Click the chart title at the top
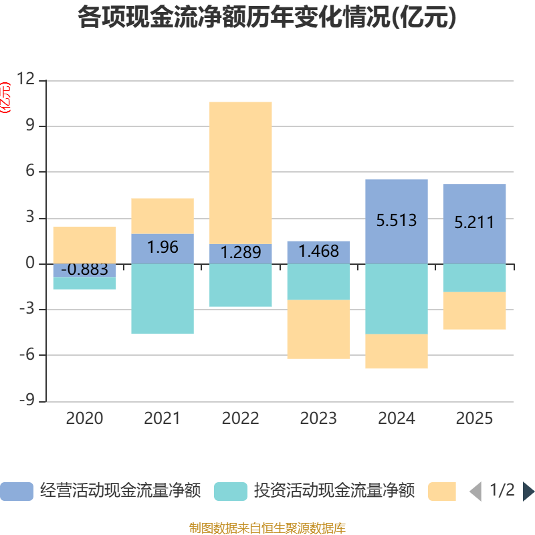(x=267, y=18)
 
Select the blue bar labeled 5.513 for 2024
(x=397, y=201)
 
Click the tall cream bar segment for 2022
(x=241, y=172)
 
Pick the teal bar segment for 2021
(x=163, y=298)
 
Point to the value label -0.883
(x=84, y=270)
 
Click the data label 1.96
(x=163, y=247)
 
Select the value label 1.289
(x=241, y=253)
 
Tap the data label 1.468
(x=318, y=252)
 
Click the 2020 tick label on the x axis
(x=84, y=419)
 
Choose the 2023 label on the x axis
(x=318, y=419)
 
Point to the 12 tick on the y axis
(x=26, y=80)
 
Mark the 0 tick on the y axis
(x=30, y=263)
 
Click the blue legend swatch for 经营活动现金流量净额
(x=17, y=492)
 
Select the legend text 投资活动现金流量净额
(x=334, y=492)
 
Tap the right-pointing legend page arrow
(x=528, y=492)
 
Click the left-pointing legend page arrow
(x=475, y=492)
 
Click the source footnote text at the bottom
(x=267, y=528)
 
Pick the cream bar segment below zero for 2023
(x=318, y=329)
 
